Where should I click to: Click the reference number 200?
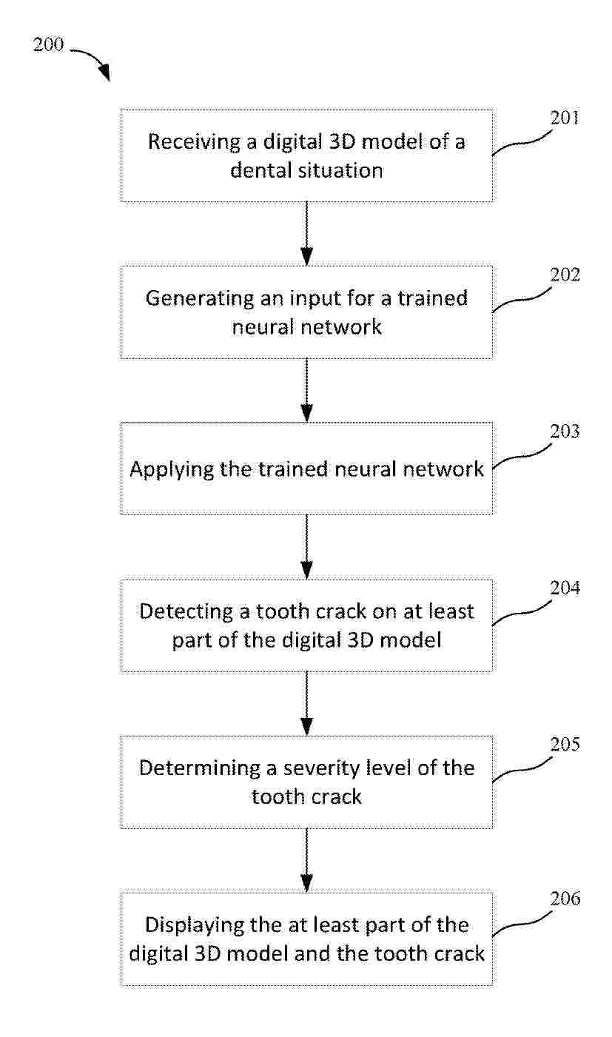tap(48, 45)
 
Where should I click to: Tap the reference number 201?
tap(565, 118)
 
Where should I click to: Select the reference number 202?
tap(565, 275)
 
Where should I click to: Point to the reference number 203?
tap(565, 431)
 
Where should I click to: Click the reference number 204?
tap(565, 588)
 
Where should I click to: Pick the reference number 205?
tap(565, 745)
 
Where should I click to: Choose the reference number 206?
tap(565, 899)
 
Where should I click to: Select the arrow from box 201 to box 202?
tap(306, 234)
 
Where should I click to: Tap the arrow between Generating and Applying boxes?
tap(306, 390)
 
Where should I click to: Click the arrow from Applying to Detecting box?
tap(306, 547)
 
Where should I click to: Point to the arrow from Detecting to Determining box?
tap(306, 703)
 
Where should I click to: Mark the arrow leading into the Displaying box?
tap(306, 859)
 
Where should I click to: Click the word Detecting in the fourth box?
tap(186, 612)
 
